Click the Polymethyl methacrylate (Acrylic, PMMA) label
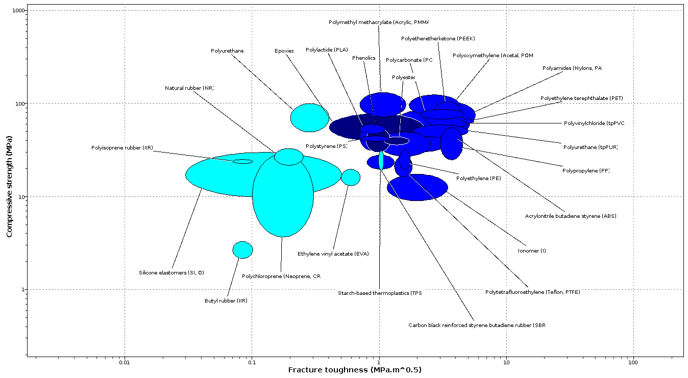(x=379, y=22)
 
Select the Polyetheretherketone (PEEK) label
(x=438, y=38)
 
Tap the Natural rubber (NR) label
(x=189, y=88)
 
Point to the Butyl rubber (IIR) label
(x=226, y=300)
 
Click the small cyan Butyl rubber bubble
(x=242, y=250)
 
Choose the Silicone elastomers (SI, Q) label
(x=171, y=272)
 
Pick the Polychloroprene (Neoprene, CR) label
(x=282, y=276)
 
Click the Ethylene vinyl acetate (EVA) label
(x=333, y=254)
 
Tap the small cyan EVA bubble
(x=350, y=177)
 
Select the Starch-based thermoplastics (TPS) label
(x=380, y=293)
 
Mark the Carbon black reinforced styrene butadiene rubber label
(x=477, y=325)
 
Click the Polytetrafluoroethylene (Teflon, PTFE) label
(x=533, y=292)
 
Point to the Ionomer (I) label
(x=532, y=250)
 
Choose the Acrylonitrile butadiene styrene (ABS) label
(x=571, y=216)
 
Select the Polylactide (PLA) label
(x=327, y=49)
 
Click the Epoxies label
(x=284, y=51)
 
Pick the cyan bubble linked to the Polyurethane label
(x=309, y=118)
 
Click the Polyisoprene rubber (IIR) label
(x=121, y=147)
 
